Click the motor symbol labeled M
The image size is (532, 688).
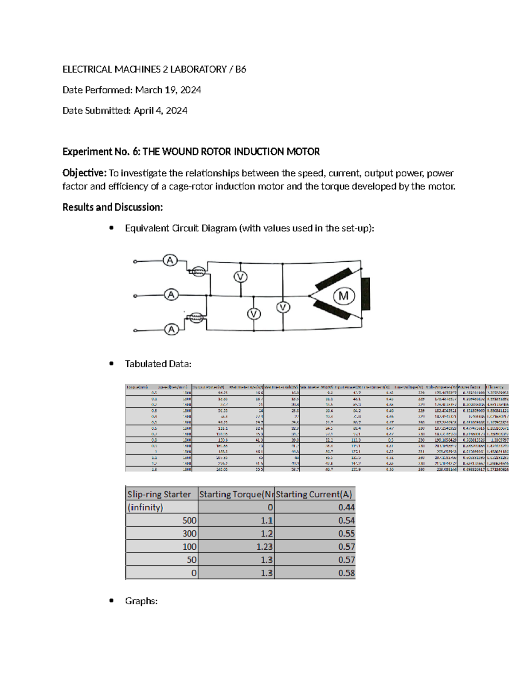pyautogui.click(x=344, y=296)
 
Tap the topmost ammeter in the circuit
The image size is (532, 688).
pyautogui.click(x=170, y=260)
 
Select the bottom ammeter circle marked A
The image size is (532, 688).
pyautogui.click(x=172, y=330)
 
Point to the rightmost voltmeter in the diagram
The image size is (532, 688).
pyautogui.click(x=283, y=307)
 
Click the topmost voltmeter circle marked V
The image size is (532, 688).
pyautogui.click(x=240, y=277)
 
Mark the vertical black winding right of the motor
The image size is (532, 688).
pyautogui.click(x=366, y=294)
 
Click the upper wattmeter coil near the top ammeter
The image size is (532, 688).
pyautogui.click(x=197, y=271)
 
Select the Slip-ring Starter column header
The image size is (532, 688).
pyautogui.click(x=159, y=494)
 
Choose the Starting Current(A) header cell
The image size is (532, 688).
pyautogui.click(x=314, y=494)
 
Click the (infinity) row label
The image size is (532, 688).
pyautogui.click(x=145, y=507)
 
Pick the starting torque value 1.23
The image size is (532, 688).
pyautogui.click(x=264, y=547)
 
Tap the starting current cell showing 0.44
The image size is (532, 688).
pyautogui.click(x=346, y=507)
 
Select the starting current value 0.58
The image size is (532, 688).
pyautogui.click(x=346, y=573)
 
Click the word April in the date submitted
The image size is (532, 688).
pyautogui.click(x=143, y=111)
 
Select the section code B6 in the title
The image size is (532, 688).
pyautogui.click(x=240, y=69)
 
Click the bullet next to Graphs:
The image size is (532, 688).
pyautogui.click(x=112, y=601)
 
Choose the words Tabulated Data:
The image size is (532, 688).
pyautogui.click(x=158, y=364)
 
